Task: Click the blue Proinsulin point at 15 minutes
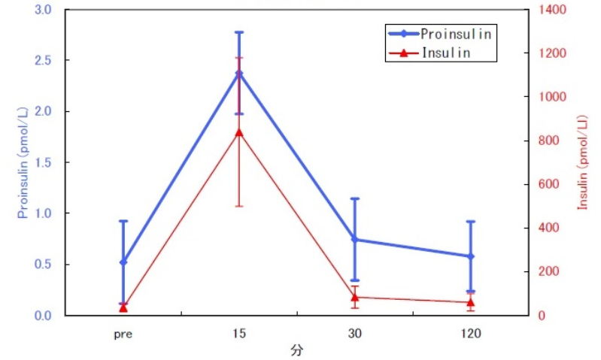pos(239,74)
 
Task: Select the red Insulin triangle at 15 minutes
pos(239,132)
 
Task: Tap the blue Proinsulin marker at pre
pos(123,262)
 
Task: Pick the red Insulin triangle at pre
pos(123,307)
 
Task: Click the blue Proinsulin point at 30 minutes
pos(355,240)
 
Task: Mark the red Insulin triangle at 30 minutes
pos(355,298)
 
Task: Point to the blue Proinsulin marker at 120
pos(471,256)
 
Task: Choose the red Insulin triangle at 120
pos(471,303)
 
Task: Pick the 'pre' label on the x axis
pos(123,333)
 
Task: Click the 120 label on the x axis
pos(471,333)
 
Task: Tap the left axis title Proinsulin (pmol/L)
pos(23,162)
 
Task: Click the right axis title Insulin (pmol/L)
pos(583,162)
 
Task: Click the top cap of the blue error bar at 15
pos(239,32)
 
